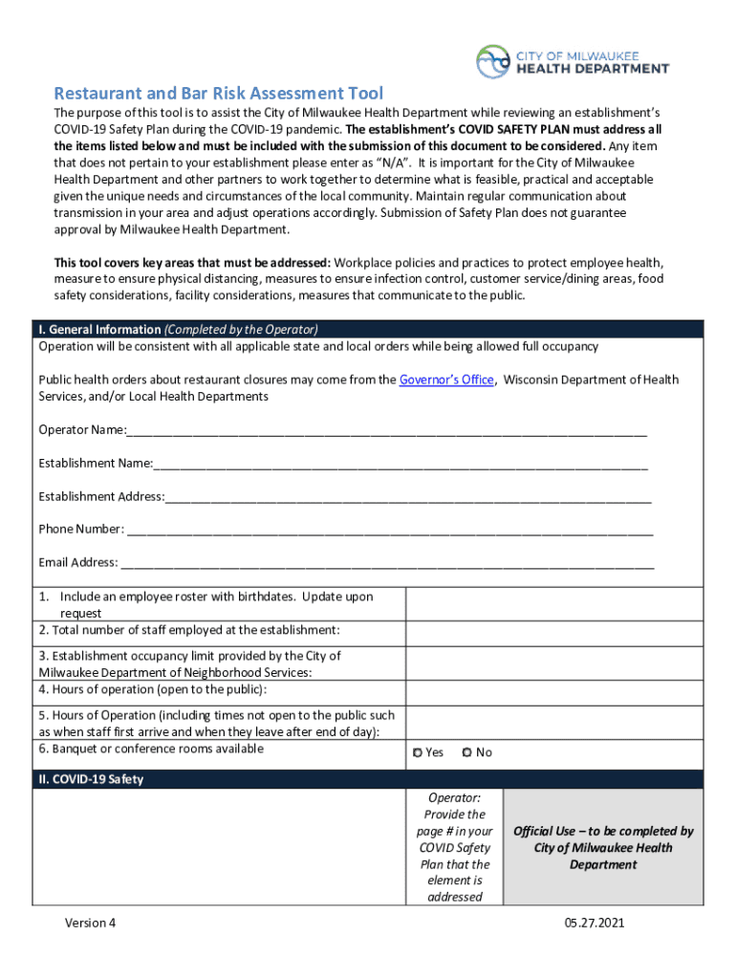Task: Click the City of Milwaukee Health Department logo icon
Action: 494,61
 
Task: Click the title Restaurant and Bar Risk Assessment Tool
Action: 218,93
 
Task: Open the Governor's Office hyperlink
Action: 445,380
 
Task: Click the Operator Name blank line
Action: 386,431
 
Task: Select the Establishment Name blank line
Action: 400,465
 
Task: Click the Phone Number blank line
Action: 389,531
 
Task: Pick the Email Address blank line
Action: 386,564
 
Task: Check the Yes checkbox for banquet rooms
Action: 418,753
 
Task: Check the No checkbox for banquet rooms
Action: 466,753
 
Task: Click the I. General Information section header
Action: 178,329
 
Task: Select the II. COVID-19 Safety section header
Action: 91,779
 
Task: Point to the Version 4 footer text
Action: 91,924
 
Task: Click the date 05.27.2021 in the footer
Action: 594,924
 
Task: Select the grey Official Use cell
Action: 602,847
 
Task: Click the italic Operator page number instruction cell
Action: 455,847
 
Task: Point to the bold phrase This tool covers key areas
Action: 191,262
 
